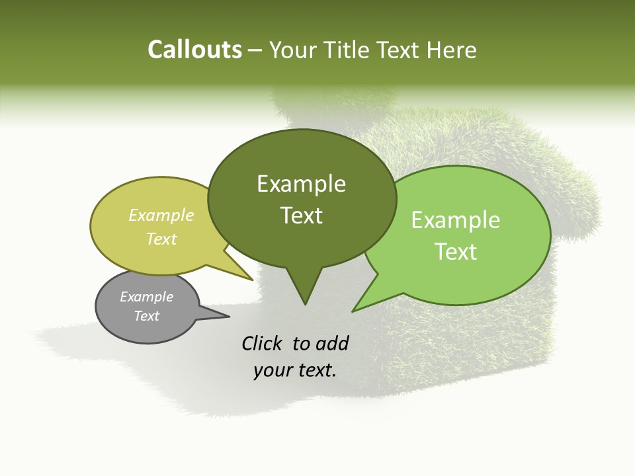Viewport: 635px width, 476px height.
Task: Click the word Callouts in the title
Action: pos(194,50)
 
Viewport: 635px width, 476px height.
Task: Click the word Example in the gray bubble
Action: pos(146,297)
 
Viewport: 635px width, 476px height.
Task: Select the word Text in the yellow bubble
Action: pos(161,239)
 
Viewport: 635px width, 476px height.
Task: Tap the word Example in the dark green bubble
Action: pos(302,184)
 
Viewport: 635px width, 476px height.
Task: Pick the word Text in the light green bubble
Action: pos(456,252)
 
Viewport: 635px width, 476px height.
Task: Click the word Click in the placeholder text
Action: pos(263,343)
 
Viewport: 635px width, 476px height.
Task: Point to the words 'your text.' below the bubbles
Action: pos(295,370)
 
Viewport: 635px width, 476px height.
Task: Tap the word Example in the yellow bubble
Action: pos(161,216)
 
